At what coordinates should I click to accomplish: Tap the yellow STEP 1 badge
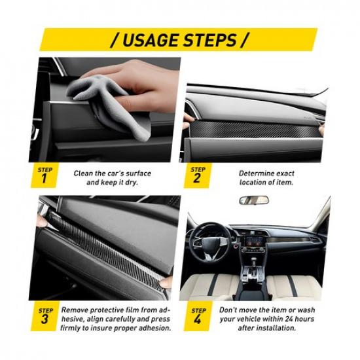(x=44, y=175)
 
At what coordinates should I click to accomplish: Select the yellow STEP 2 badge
(x=197, y=175)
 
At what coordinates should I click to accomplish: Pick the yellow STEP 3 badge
(x=44, y=316)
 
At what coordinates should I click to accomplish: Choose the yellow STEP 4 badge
(x=197, y=316)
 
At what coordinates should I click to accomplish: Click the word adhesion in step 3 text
(x=154, y=328)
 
